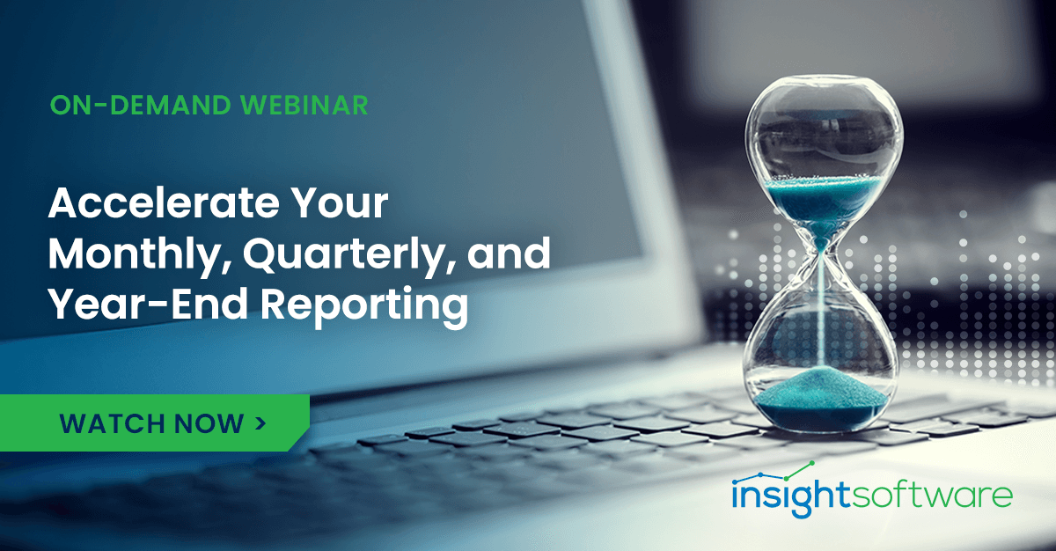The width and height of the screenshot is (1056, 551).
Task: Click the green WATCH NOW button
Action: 154,423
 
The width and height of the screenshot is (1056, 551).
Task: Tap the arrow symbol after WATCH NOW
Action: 260,422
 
